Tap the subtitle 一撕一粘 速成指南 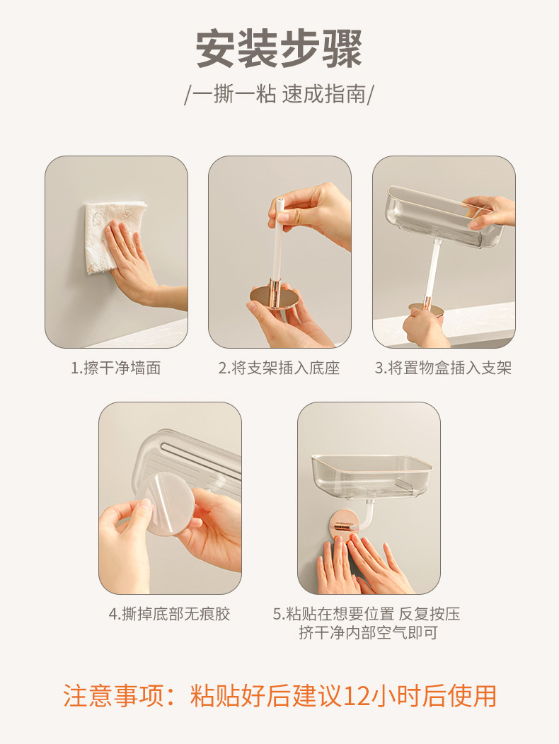coord(279,93)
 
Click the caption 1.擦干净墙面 coord(116,368)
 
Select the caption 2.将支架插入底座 coord(279,368)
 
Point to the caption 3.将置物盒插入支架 coord(443,368)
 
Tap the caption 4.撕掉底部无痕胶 coord(170,614)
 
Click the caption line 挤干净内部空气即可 coord(368,632)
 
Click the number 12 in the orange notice coord(356,696)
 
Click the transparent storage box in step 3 coord(444,216)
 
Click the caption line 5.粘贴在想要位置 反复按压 coord(366,614)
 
